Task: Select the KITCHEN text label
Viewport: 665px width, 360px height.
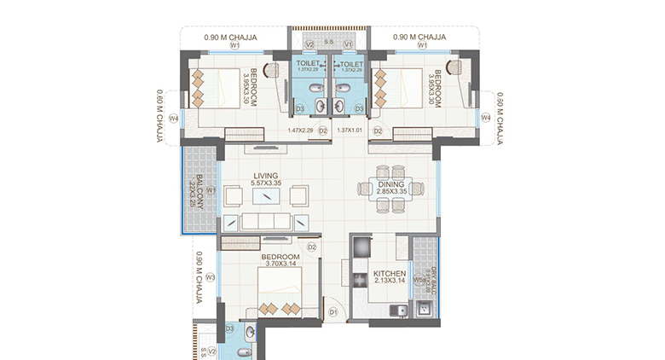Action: [390, 274]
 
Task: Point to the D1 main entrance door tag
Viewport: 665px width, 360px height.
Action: [333, 313]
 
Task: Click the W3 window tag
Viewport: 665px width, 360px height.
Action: [208, 277]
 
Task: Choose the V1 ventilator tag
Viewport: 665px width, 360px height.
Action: [348, 44]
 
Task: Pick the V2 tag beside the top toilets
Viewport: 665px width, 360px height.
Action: [310, 44]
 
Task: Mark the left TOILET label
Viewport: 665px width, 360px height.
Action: [307, 63]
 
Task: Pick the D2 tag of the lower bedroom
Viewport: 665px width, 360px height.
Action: [312, 247]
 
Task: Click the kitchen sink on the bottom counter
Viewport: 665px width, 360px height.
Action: [395, 310]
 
